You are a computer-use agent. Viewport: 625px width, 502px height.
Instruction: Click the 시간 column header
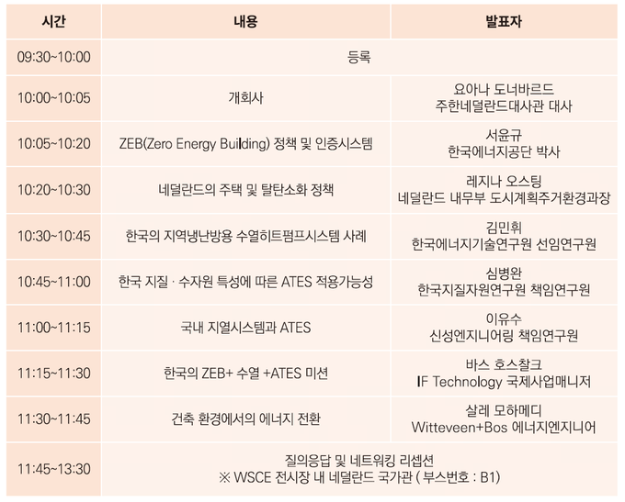pos(53,21)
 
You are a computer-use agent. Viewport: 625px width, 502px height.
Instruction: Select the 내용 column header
pos(245,21)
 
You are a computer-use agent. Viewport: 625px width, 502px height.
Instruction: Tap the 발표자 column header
pos(504,21)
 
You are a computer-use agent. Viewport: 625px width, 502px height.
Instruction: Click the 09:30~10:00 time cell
pos(54,57)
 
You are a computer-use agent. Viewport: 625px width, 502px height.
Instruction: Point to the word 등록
pos(359,57)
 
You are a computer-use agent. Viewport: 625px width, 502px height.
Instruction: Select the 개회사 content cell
pos(246,97)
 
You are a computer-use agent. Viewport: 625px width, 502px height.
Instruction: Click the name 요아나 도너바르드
pos(504,89)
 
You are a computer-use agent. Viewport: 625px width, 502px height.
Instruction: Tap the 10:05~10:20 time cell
pos(54,143)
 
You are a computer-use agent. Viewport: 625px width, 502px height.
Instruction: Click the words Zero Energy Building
pos(206,143)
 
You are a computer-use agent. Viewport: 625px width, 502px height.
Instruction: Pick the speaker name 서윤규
pos(504,135)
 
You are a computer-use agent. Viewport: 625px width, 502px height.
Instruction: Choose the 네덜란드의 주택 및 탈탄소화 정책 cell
pos(246,189)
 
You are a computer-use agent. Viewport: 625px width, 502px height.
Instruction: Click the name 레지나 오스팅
pos(504,181)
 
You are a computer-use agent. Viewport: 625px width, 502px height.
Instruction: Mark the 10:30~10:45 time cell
pos(54,236)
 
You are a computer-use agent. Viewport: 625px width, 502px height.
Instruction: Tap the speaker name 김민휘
pos(504,228)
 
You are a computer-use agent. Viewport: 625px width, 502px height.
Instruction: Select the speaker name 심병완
pos(504,273)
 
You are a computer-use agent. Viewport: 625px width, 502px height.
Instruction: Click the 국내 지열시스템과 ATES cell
pos(246,328)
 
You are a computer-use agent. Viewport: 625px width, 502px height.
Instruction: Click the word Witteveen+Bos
pos(460,428)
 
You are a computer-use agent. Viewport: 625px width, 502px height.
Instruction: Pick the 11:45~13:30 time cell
pos(54,469)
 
